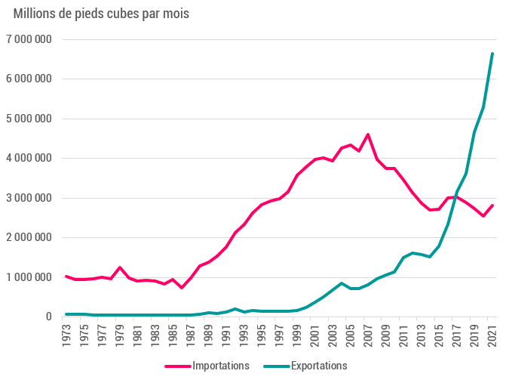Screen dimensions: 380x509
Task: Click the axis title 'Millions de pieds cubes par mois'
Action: coord(101,14)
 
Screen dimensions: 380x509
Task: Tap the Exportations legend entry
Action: coord(305,366)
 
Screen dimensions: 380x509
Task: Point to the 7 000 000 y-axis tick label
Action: coord(29,39)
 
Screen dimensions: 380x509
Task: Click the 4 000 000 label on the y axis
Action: coord(29,159)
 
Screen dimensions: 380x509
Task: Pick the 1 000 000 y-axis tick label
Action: coord(29,277)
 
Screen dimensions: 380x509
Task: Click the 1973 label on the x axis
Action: coord(67,335)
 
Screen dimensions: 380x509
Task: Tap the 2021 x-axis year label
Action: coord(492,335)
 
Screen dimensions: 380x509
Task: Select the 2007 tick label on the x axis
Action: coord(368,335)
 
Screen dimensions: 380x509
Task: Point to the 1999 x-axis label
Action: coord(297,335)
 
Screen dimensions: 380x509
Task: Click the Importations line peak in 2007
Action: coord(368,134)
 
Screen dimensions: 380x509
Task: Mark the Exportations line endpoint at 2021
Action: coord(492,54)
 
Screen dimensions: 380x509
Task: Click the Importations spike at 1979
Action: coord(120,267)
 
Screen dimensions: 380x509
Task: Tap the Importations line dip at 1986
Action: coord(182,288)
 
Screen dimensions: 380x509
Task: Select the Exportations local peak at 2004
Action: coord(342,283)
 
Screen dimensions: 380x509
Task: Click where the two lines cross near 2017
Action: coord(455,197)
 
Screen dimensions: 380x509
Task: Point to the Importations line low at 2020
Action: coord(483,216)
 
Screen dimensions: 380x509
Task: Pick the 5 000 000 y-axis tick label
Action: coord(29,119)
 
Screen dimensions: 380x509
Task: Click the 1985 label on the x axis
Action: coord(173,335)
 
